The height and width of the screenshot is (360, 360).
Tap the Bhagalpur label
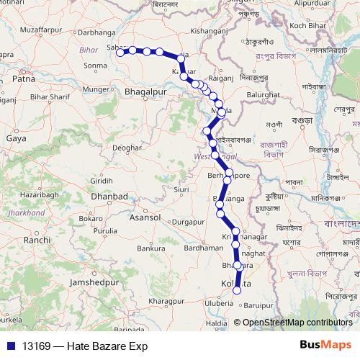[145, 93]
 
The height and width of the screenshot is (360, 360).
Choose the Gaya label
[16, 138]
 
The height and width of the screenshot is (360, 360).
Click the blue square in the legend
[11, 346]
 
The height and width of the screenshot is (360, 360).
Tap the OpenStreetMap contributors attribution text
[297, 323]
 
